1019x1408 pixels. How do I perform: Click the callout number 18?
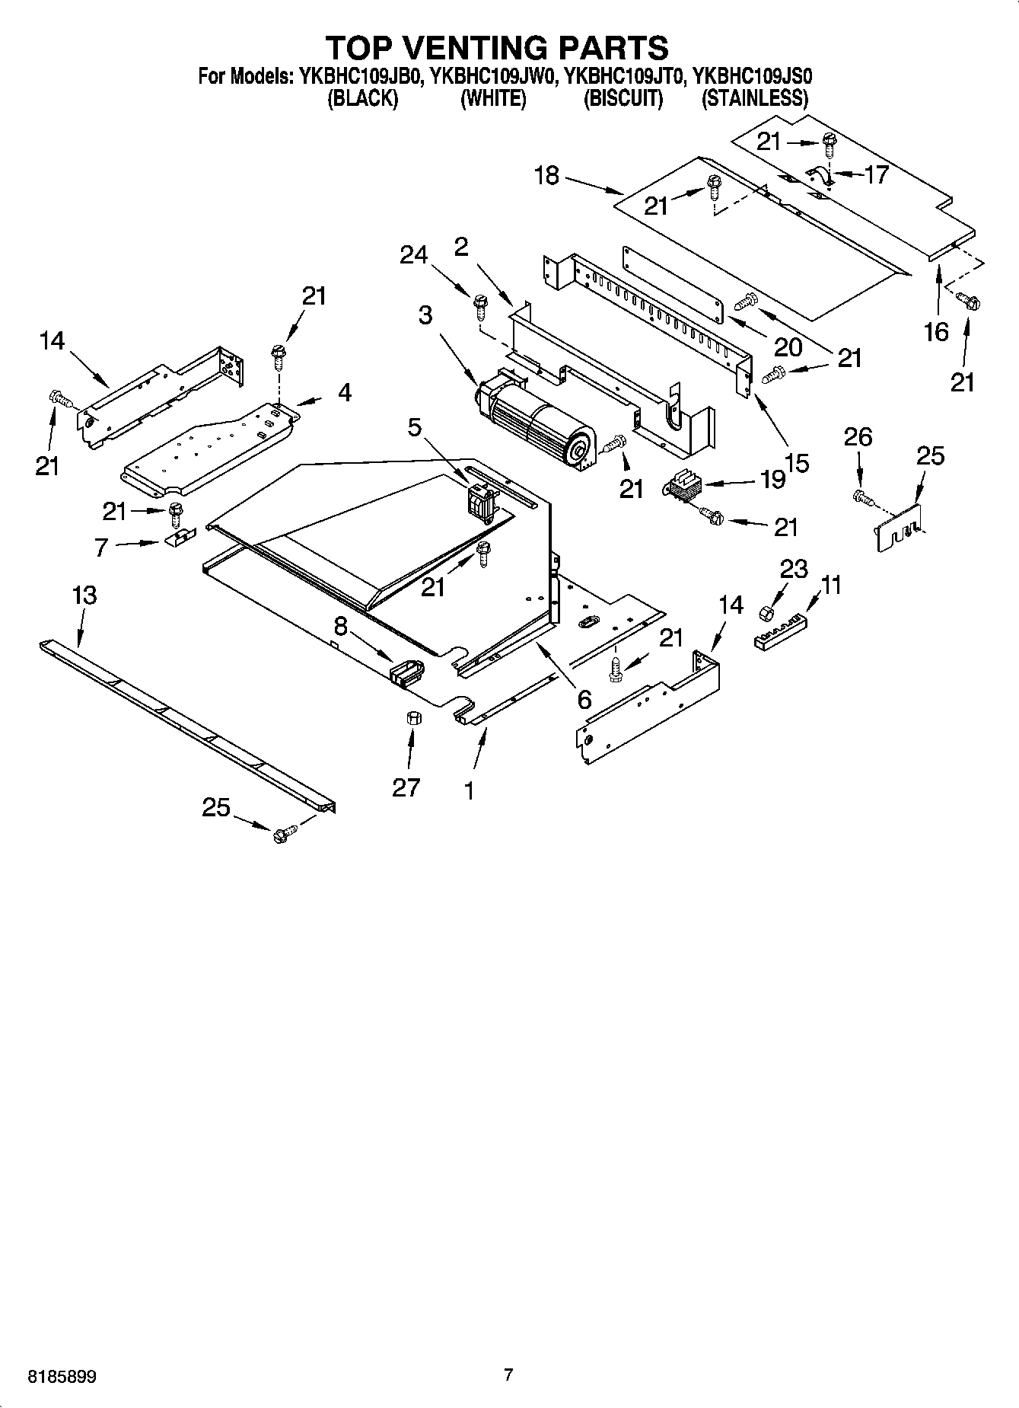click(546, 176)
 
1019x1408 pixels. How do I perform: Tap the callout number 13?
click(84, 595)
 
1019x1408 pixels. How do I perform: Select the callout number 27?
click(406, 787)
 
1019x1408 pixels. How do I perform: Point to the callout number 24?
click(414, 255)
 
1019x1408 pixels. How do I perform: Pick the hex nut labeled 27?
click(413, 717)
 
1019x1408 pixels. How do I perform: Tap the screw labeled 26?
click(861, 497)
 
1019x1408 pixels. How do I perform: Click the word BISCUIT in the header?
click(623, 99)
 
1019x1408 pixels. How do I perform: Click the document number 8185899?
click(62, 1377)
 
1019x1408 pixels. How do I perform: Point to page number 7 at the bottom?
click(508, 1374)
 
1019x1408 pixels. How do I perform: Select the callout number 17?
click(876, 174)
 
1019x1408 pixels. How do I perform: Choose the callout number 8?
click(340, 626)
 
